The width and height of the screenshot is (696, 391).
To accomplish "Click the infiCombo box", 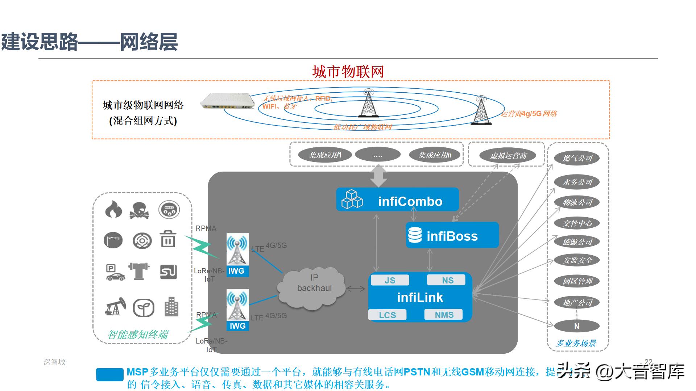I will coord(398,199).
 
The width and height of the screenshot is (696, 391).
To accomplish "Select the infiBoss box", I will coord(452,235).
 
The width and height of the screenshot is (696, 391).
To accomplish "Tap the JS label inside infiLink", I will coord(390,280).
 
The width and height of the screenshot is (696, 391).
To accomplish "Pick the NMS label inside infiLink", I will coord(444,315).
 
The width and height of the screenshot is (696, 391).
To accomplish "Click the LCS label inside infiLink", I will coord(387,315).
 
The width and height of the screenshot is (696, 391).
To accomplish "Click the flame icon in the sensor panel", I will coord(113,210).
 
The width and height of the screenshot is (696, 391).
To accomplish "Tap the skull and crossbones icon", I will coord(139,210).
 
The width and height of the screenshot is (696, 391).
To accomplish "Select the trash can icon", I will coord(168,239).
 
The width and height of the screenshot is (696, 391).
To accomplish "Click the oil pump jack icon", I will coord(115,307).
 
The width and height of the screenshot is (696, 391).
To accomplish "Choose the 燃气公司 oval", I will coord(577,158).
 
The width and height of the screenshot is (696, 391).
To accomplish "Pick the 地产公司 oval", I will coord(577,302).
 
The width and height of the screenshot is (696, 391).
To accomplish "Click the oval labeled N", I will coord(576,326).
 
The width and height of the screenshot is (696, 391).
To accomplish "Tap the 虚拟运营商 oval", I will coord(508,156).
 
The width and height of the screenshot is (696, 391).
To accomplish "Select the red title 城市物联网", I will coord(348,72).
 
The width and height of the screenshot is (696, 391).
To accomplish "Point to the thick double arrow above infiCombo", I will coord(378,176).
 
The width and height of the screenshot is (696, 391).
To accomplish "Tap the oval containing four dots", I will coord(377,155).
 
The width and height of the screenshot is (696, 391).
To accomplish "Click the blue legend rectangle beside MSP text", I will coord(110,375).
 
